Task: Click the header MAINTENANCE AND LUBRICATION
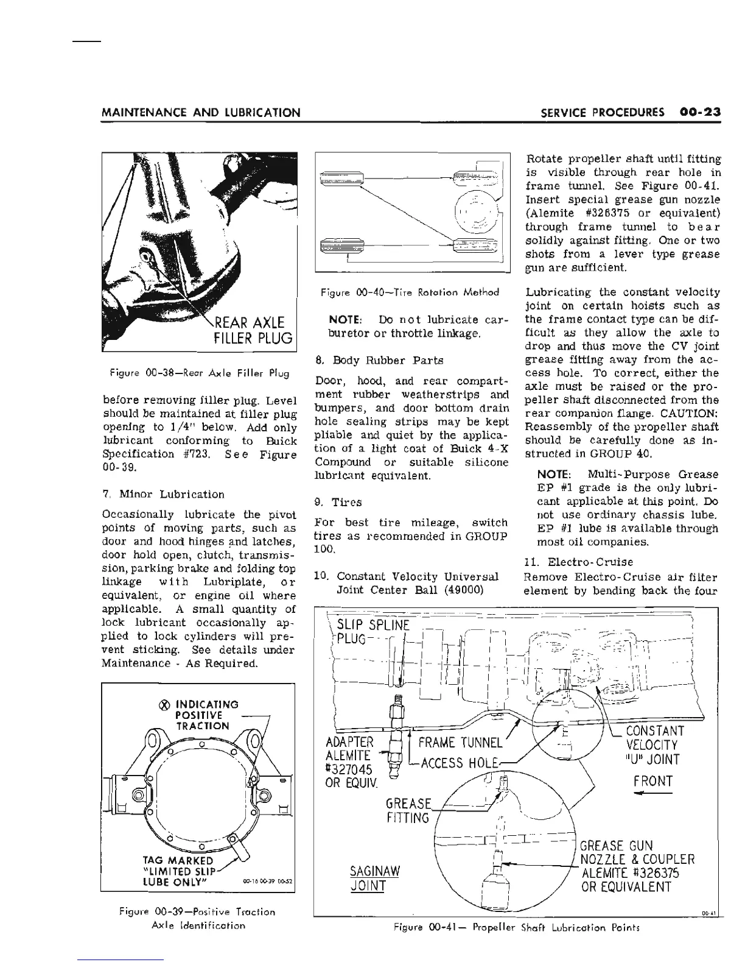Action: coord(200,113)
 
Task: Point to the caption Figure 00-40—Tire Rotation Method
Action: coord(410,292)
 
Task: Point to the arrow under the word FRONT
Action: coord(652,794)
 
